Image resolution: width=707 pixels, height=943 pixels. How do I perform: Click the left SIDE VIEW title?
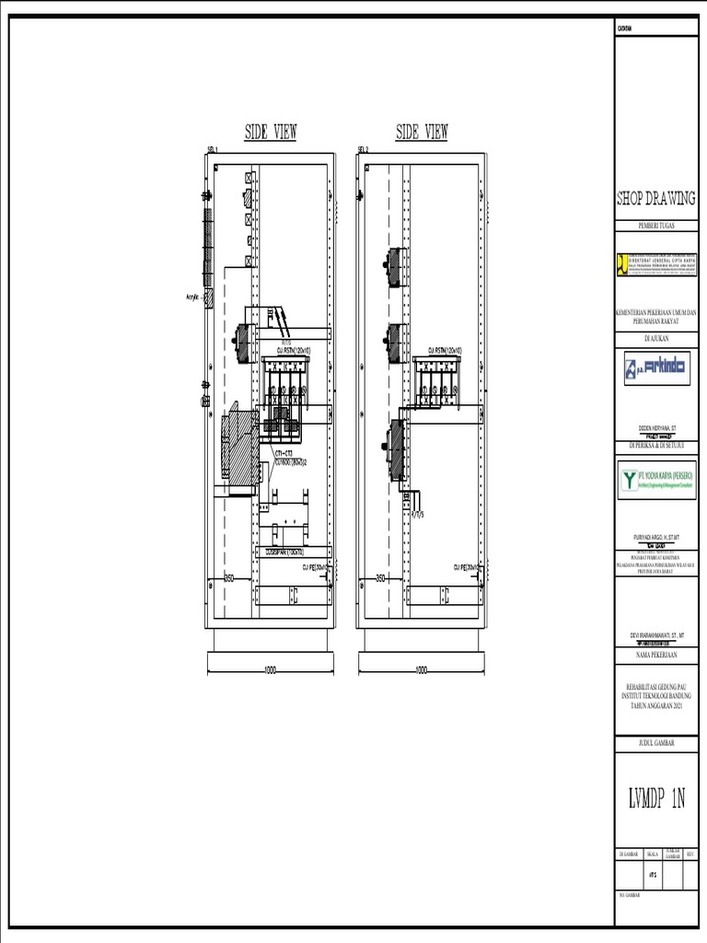pyautogui.click(x=270, y=133)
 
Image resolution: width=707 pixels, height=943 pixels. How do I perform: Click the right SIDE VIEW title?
pyautogui.click(x=422, y=133)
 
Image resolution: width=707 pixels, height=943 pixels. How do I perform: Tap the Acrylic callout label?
pyautogui.click(x=193, y=297)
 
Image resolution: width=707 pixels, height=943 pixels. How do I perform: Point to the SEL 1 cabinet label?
pyautogui.click(x=212, y=149)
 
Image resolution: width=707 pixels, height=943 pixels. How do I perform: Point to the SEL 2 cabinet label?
pyautogui.click(x=363, y=149)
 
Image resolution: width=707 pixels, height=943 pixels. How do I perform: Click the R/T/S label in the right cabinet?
pyautogui.click(x=417, y=516)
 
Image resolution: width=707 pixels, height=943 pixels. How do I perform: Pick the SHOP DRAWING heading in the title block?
pyautogui.click(x=655, y=199)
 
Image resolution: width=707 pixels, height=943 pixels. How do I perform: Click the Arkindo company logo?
pyautogui.click(x=655, y=370)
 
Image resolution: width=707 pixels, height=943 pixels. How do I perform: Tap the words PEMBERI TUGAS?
pyautogui.click(x=655, y=226)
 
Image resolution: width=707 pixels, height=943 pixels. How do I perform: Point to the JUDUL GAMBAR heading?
pyautogui.click(x=655, y=742)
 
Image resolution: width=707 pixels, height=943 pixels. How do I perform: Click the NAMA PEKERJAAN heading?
pyautogui.click(x=655, y=656)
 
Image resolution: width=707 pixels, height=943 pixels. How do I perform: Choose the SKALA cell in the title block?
pyautogui.click(x=653, y=855)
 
